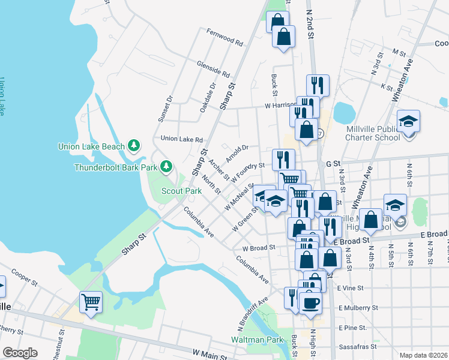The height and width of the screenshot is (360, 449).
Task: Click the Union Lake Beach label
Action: coord(91,146)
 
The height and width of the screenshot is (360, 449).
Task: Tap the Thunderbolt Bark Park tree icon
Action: coord(170,166)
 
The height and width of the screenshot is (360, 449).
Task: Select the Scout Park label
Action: coord(181,191)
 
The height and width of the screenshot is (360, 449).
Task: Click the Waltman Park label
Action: coord(257,340)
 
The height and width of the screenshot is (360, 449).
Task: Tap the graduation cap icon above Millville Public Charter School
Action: coord(408,122)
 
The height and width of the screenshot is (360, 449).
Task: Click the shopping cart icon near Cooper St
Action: coord(91,301)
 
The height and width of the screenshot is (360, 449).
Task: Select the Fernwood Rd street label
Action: coord(224,37)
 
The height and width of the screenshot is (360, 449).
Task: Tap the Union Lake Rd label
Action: coord(182,139)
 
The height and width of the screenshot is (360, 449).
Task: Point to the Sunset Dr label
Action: coord(165,109)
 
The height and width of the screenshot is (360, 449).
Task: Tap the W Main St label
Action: coord(209,355)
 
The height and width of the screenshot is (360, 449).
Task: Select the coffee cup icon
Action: coord(310,302)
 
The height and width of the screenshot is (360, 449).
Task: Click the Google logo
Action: coord(20,352)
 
